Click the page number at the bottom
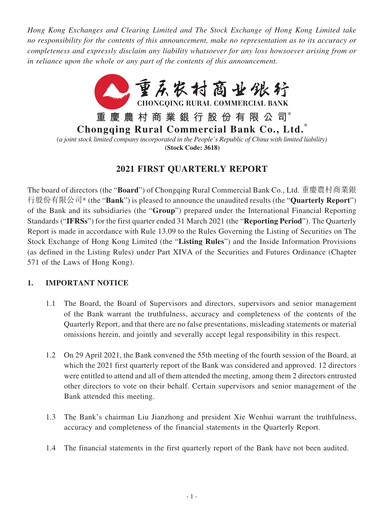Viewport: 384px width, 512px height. (x=192, y=496)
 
